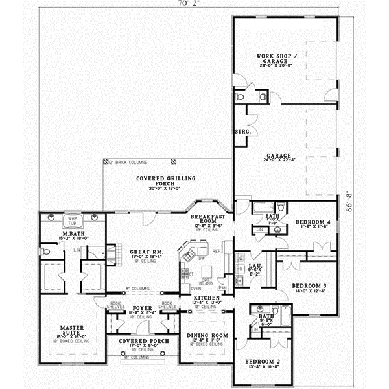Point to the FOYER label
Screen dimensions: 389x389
[x=141, y=309]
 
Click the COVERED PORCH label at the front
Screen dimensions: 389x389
[x=140, y=341]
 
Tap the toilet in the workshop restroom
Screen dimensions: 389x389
[x=241, y=96]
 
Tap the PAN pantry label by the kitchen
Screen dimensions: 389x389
[x=222, y=287]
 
